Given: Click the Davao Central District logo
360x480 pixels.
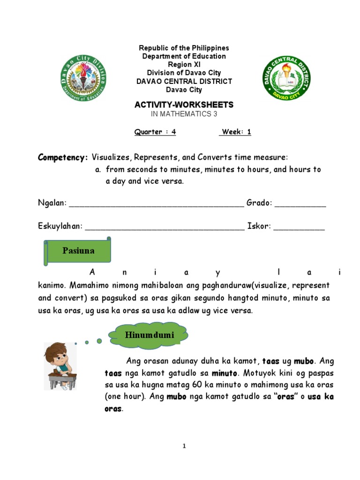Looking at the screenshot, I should [x=285, y=78].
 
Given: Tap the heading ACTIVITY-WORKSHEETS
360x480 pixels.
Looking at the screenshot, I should [x=184, y=105].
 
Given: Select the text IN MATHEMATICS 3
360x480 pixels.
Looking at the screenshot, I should [x=184, y=114].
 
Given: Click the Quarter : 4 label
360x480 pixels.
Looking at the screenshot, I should [x=155, y=132].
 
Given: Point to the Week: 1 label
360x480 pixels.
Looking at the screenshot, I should [x=235, y=132].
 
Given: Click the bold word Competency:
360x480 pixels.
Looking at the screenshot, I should [x=62, y=157].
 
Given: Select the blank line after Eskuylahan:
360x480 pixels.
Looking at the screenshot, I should [x=165, y=227].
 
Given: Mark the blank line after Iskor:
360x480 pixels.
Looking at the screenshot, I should [x=299, y=227].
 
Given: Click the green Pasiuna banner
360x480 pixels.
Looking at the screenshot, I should [x=78, y=251].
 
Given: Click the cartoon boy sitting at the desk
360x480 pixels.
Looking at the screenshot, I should [x=60, y=366].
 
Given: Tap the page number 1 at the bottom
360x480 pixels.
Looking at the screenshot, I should [x=184, y=446].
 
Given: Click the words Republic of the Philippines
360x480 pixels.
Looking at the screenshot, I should [x=184, y=48].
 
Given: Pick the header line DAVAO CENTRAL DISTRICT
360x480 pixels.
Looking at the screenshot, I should [x=184, y=81].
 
